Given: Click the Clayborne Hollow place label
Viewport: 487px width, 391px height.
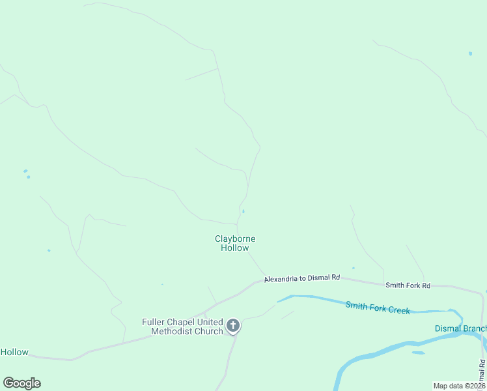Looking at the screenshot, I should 235,243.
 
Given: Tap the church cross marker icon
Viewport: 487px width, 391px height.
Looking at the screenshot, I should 233,326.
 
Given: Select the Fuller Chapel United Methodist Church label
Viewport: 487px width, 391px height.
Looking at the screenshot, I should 183,326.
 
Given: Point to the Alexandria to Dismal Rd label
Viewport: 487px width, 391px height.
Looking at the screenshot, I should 302,278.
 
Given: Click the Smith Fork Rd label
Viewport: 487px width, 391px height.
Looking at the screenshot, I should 408,285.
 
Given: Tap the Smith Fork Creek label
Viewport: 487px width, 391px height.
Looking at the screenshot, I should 378,308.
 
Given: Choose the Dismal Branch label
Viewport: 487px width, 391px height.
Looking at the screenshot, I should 460,328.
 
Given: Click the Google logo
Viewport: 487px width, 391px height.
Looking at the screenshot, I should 21,383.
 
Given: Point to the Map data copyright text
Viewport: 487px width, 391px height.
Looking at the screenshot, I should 459,386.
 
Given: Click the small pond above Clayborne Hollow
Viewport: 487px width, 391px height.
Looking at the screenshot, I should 244,211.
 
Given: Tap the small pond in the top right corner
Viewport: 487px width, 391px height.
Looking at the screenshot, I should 470,53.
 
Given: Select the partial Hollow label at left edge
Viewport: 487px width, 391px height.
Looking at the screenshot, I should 14,352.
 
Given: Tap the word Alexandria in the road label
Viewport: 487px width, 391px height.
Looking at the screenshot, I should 283,278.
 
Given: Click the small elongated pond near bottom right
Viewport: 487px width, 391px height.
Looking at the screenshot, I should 418,353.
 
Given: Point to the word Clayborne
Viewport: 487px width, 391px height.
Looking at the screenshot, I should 235,239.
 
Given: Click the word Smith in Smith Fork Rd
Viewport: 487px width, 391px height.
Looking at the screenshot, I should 395,285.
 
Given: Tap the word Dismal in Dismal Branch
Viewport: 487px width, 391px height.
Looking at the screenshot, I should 447,328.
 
